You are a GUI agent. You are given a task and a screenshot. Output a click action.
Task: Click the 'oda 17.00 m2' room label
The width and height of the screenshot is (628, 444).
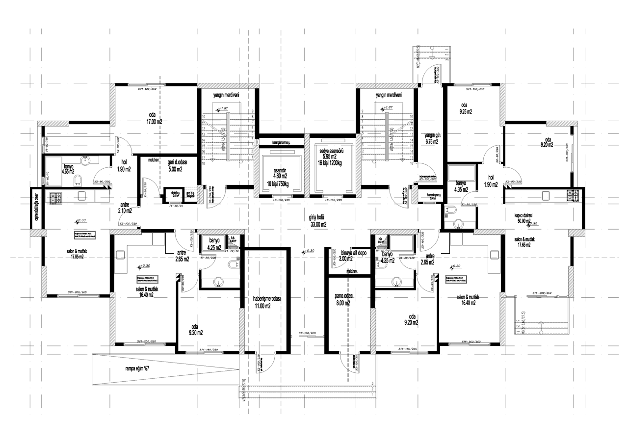click(156, 118)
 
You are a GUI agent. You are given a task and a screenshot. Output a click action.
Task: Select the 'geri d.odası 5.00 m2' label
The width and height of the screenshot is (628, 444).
click(178, 165)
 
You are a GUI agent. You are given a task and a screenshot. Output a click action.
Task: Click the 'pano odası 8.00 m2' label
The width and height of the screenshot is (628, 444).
click(340, 299)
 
